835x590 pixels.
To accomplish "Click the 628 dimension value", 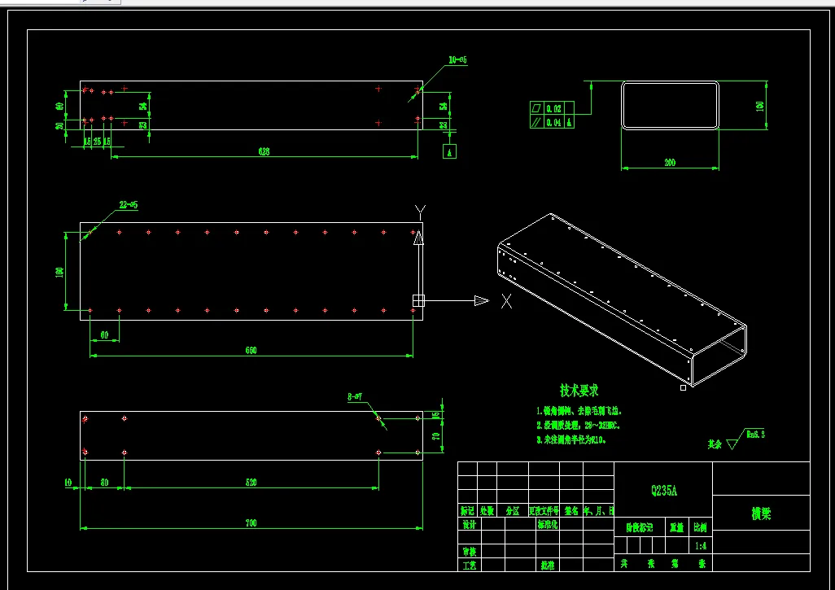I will coord(264,151).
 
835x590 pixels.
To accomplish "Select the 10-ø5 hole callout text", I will coord(457,60).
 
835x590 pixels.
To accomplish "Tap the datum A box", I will coord(449,151).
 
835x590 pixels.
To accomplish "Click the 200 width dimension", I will coord(670,163).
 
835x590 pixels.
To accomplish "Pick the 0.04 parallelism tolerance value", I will coord(553,122).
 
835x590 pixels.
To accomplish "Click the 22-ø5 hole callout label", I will coord(129,206).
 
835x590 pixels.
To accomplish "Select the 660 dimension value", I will coord(251,350).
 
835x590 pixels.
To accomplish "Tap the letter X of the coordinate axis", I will coord(506,301).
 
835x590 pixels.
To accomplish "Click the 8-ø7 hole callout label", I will coord(354,397).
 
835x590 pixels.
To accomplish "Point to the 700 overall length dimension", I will coord(251,523).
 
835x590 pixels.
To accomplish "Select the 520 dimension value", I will coord(251,483).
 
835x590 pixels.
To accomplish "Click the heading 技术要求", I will coord(579,391).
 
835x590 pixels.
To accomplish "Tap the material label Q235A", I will coord(663,491).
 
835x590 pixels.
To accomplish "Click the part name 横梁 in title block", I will coord(761,514).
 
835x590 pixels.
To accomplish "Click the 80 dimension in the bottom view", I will coord(104,483).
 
